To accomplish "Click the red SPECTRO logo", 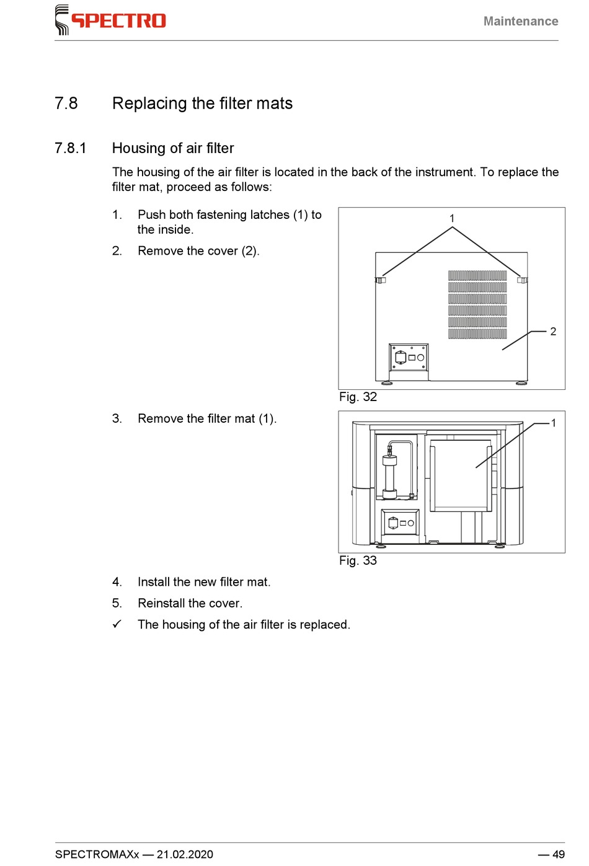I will click(x=112, y=20).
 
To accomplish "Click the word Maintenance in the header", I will click(x=520, y=21).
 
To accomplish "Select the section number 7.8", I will click(x=66, y=103).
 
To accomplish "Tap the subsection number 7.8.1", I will click(x=70, y=148).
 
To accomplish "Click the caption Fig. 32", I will click(x=358, y=397).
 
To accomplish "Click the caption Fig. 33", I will click(x=358, y=560).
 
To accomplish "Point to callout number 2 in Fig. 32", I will click(x=553, y=332).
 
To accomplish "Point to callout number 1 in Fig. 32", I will click(x=452, y=218).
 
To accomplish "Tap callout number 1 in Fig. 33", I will click(x=554, y=423).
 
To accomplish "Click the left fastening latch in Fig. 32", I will click(x=380, y=280).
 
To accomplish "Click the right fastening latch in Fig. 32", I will click(x=522, y=280).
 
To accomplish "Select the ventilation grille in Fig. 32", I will click(x=477, y=304).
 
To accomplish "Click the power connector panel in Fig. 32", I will click(x=409, y=358).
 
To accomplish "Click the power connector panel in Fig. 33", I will click(x=400, y=523).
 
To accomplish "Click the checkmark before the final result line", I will click(x=117, y=624).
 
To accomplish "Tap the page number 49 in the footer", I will click(x=558, y=854).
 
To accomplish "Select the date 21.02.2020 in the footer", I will click(x=185, y=854).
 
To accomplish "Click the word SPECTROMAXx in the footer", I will click(x=97, y=854).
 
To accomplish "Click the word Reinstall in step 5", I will click(x=161, y=603).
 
